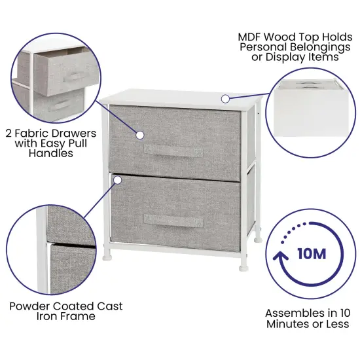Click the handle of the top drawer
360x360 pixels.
tap(174, 152)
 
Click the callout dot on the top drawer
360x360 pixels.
tap(139, 134)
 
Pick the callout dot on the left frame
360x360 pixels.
tap(117, 178)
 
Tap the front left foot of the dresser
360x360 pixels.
tap(107, 253)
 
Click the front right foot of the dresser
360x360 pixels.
tap(244, 266)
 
